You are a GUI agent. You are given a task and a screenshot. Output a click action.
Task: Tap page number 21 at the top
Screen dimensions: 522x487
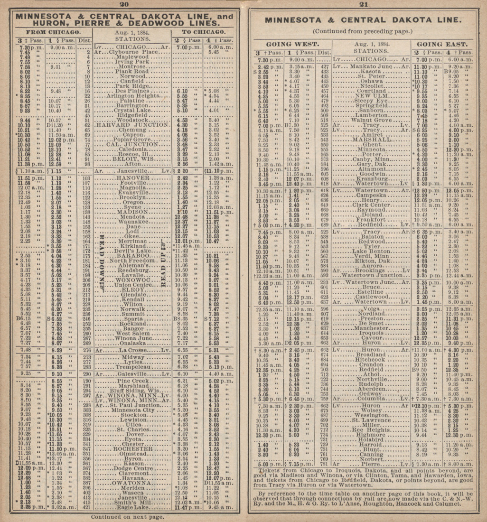point(364,4)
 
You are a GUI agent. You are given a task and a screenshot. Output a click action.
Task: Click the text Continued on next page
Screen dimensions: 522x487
point(127,516)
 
